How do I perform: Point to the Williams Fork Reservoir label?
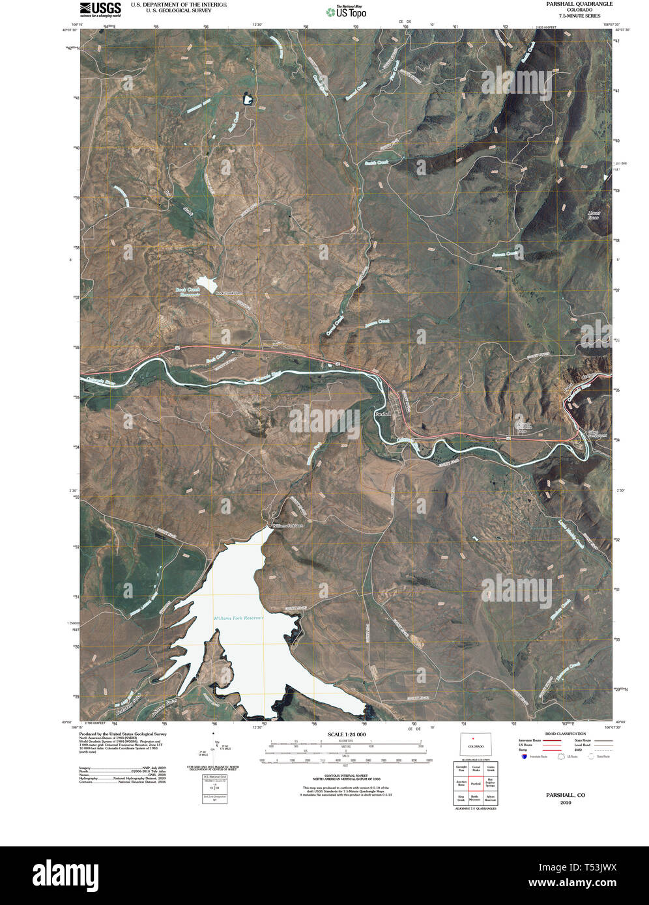[x=238, y=618]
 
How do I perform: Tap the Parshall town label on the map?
[x=382, y=414]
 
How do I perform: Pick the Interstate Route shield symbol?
[x=524, y=757]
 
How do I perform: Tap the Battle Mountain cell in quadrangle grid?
[x=476, y=798]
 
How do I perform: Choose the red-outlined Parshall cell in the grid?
[x=476, y=784]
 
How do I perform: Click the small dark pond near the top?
[x=248, y=99]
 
